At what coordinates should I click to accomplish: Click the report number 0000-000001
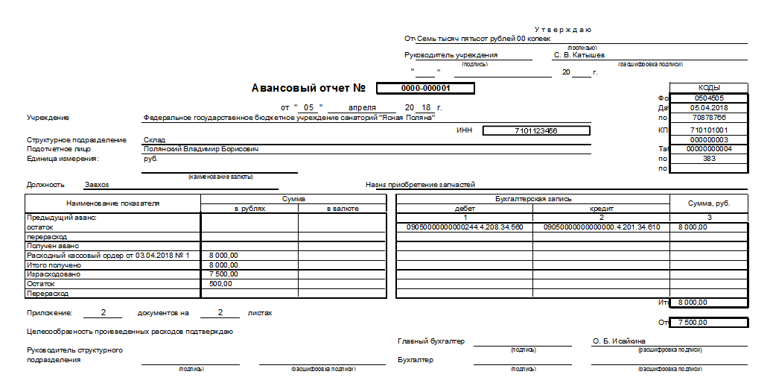tap(426, 88)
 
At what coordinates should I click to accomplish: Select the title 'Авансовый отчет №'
tap(309, 88)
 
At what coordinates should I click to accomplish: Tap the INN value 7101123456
tap(536, 130)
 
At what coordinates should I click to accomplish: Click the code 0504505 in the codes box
tap(708, 98)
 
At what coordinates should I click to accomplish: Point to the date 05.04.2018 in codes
tap(708, 107)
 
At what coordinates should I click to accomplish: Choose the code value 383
tap(708, 158)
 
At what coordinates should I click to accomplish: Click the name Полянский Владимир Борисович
tap(201, 149)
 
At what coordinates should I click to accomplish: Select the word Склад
tap(154, 139)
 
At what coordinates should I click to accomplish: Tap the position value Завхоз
tap(97, 184)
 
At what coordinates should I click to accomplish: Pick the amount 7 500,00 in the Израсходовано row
tap(224, 273)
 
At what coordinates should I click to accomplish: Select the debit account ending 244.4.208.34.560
tap(465, 227)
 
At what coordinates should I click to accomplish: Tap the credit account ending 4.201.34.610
tap(602, 227)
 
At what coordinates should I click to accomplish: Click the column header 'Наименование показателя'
tap(112, 203)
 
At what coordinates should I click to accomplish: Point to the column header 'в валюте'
tap(343, 209)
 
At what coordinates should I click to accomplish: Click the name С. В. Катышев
tap(579, 54)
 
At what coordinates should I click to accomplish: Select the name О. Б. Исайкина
tap(619, 341)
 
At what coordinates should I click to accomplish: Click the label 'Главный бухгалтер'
tap(431, 341)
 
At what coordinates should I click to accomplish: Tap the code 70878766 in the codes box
tap(708, 117)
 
